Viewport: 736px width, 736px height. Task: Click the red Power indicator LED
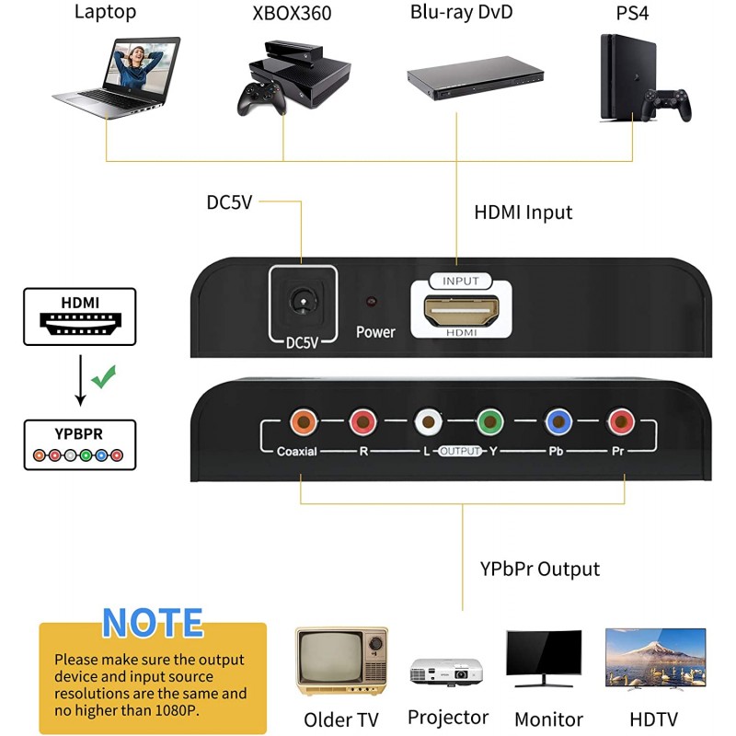click(372, 302)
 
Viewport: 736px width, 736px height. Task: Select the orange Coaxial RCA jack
click(301, 422)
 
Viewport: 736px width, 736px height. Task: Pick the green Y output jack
click(489, 422)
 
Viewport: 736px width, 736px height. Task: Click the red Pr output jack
click(621, 422)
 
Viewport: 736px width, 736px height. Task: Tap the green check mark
click(104, 375)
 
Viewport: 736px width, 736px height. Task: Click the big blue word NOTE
click(153, 623)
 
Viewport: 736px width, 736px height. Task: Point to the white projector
click(446, 670)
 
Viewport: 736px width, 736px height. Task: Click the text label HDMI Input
click(523, 213)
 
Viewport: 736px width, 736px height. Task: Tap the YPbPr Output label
click(539, 569)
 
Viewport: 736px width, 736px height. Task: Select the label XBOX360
click(292, 14)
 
